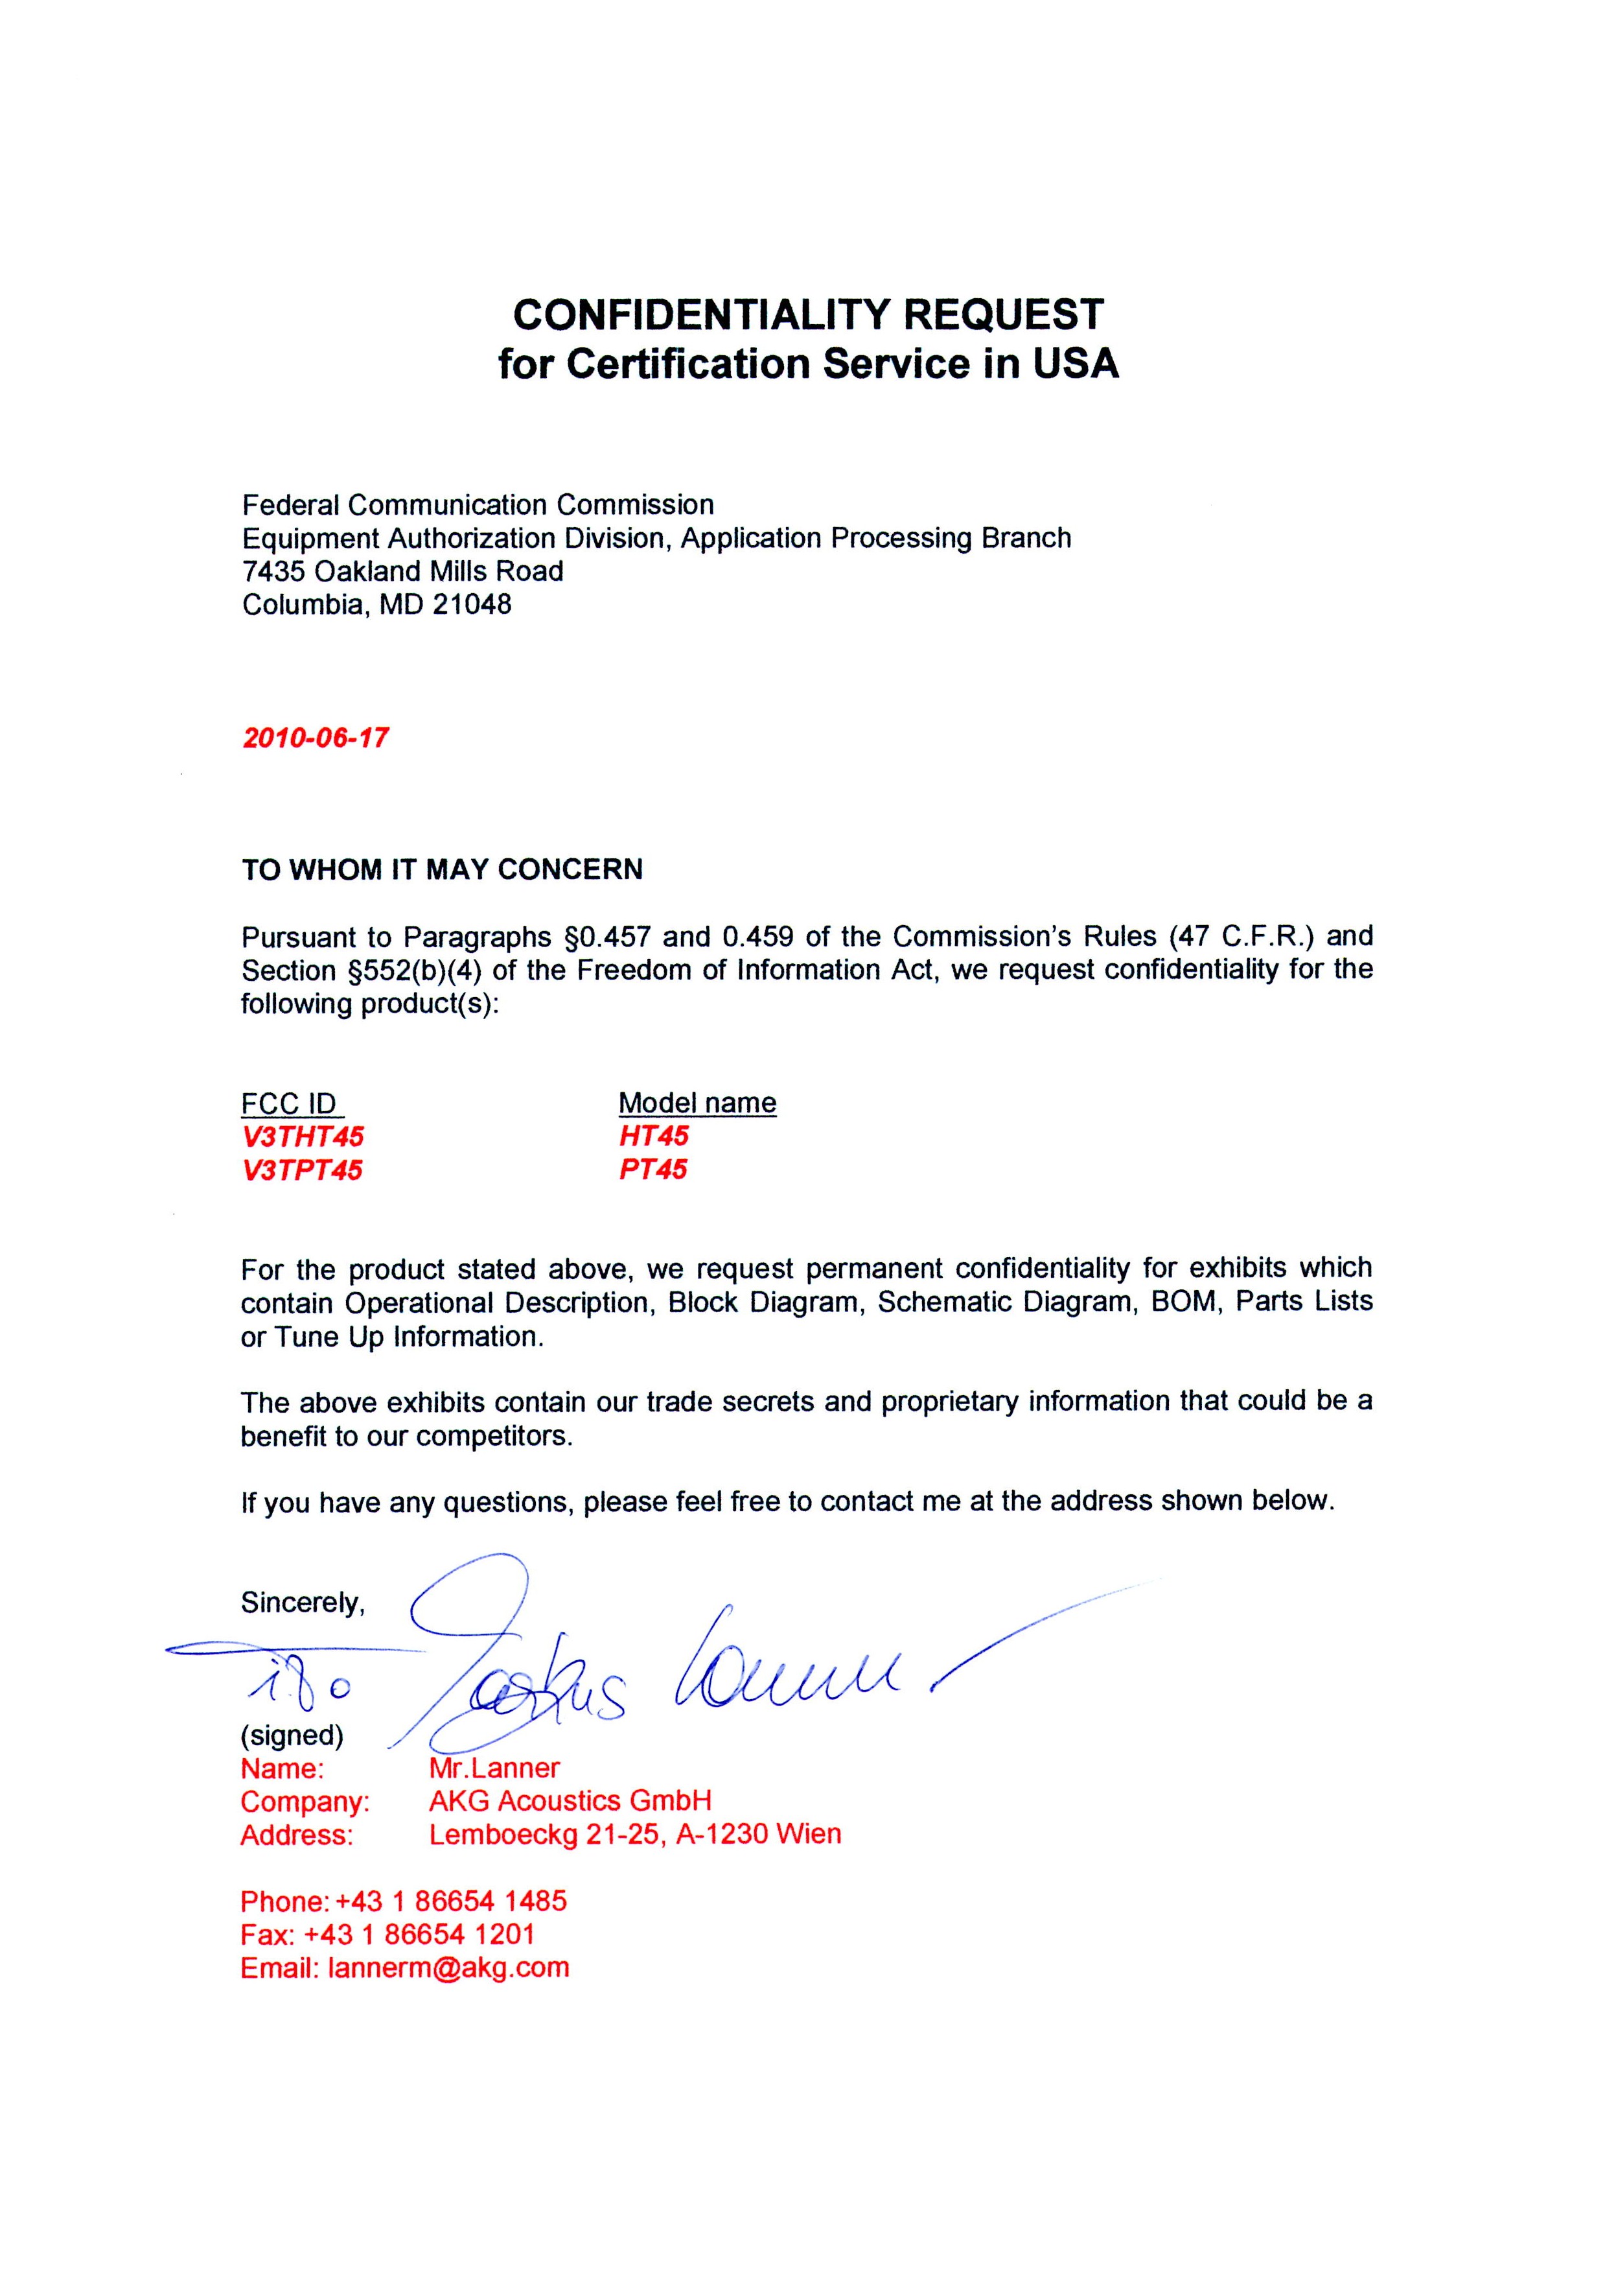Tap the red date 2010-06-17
(316, 738)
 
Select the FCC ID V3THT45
(303, 1136)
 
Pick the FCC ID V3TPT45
(303, 1171)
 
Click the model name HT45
(653, 1135)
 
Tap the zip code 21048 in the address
(472, 604)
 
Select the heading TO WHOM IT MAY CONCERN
(442, 869)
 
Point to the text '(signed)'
(292, 1735)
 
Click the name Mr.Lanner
(494, 1768)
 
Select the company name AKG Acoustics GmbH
(570, 1802)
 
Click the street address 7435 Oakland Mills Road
(402, 570)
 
